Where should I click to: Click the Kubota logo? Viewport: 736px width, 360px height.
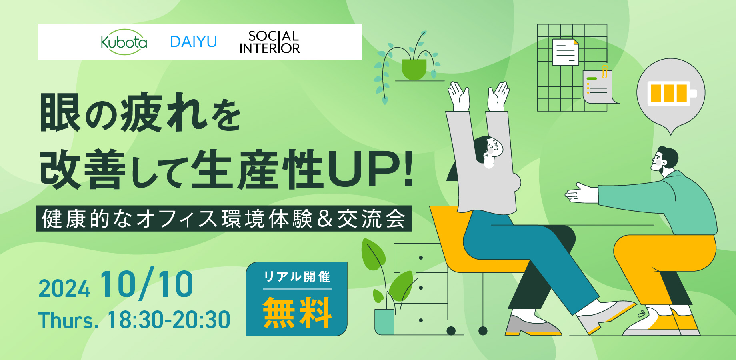coord(124,42)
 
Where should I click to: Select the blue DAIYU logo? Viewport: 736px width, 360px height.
coord(194,42)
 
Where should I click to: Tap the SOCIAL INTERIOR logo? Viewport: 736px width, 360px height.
coord(270,42)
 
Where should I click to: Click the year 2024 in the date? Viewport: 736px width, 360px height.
coord(64,289)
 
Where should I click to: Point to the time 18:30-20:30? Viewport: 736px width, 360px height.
coord(169,320)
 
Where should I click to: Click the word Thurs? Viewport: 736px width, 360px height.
coord(68,320)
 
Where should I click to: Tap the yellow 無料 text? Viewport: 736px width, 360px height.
coord(297,313)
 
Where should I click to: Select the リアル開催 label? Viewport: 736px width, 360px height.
coord(297,276)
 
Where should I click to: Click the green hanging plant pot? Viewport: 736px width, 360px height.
coord(414,70)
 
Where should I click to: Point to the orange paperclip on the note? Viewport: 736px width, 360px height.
coord(605,72)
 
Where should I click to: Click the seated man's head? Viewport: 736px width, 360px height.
coord(665,160)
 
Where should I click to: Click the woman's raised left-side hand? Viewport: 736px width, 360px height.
coord(459,96)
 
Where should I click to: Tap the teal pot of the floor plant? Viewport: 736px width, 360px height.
coord(384,322)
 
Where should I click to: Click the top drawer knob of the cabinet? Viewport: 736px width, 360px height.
coord(421,258)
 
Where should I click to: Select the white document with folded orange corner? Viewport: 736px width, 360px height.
coord(566,52)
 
